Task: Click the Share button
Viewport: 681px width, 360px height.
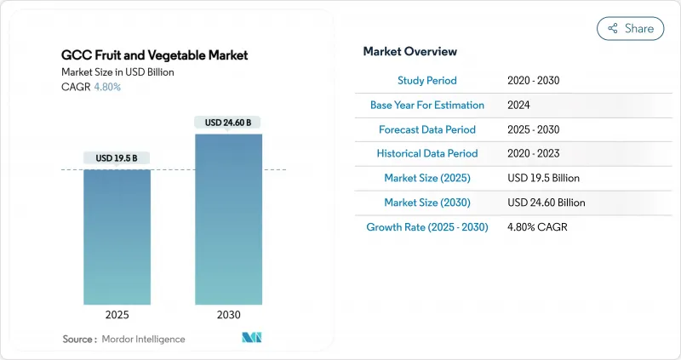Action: point(630,28)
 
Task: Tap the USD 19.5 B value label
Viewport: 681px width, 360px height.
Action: point(117,157)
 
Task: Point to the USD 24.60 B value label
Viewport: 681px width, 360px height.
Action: point(228,123)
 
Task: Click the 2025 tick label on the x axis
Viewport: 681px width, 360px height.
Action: point(117,315)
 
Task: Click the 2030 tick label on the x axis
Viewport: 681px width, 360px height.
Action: point(228,315)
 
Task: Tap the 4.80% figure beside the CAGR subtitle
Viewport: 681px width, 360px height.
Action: point(107,87)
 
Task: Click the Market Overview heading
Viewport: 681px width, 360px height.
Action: point(409,52)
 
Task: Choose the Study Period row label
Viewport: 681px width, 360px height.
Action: point(426,80)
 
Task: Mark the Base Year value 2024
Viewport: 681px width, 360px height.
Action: point(519,105)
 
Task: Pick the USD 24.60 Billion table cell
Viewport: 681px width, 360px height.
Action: point(546,203)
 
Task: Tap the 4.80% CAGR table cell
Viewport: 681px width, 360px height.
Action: point(536,227)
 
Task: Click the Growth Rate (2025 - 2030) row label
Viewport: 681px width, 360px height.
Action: point(426,227)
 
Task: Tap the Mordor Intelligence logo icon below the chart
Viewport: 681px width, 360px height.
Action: point(252,339)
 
